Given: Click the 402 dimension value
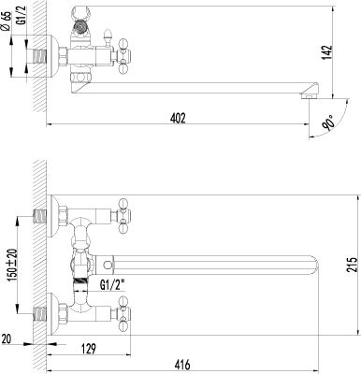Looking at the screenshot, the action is click(x=178, y=118).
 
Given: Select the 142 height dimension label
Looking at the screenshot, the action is click(x=327, y=52).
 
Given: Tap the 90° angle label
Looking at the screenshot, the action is click(x=329, y=122).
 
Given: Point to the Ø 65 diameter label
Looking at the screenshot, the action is click(x=7, y=22).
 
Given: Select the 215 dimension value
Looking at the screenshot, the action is click(x=353, y=265).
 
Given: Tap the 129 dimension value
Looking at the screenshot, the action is click(x=89, y=349).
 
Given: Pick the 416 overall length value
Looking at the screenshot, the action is click(x=182, y=365).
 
